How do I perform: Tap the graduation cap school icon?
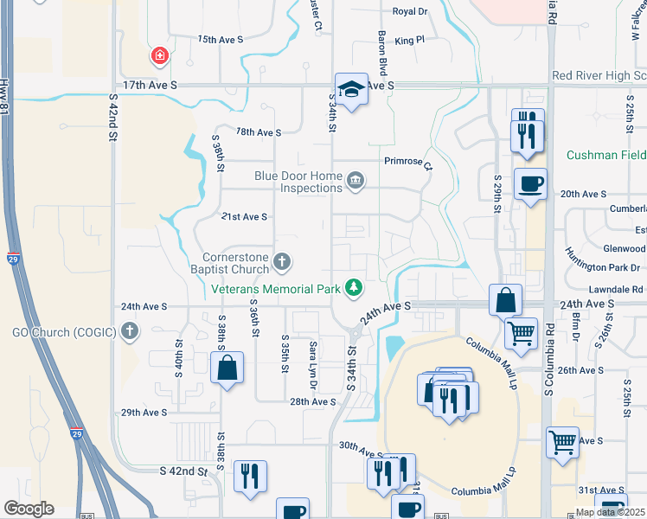350,88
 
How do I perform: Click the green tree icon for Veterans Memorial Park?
353,287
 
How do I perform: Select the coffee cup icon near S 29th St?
529,183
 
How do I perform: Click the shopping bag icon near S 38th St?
226,367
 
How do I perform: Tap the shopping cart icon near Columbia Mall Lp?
521,332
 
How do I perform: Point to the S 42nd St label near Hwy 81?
112,125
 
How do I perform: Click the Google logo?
29,509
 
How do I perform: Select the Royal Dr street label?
410,11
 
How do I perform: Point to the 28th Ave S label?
312,402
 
